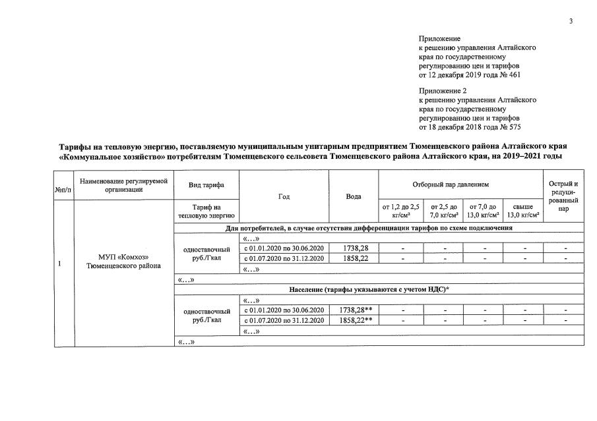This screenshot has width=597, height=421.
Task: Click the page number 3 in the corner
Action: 571,22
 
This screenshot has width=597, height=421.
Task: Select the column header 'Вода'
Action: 354,196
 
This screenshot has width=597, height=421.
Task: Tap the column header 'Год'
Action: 284,196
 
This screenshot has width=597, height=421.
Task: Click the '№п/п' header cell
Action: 63,190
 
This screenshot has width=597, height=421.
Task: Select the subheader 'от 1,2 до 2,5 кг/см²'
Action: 400,211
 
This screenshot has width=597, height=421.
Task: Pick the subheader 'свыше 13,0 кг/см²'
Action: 522,211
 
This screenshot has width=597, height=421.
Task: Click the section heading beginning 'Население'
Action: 369,289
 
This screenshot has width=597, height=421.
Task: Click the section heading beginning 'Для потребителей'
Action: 369,228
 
